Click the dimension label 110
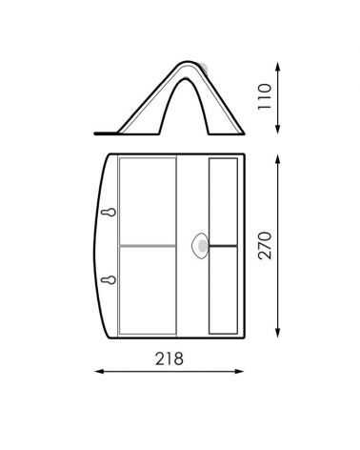[265, 96]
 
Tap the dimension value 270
[265, 246]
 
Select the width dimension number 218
[170, 358]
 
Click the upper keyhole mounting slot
[109, 212]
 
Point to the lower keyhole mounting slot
[109, 280]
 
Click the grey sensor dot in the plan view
[202, 245]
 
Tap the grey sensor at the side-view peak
[203, 68]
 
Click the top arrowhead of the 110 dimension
[278, 66]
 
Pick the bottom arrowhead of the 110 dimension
[278, 130]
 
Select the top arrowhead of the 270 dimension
[278, 158]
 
